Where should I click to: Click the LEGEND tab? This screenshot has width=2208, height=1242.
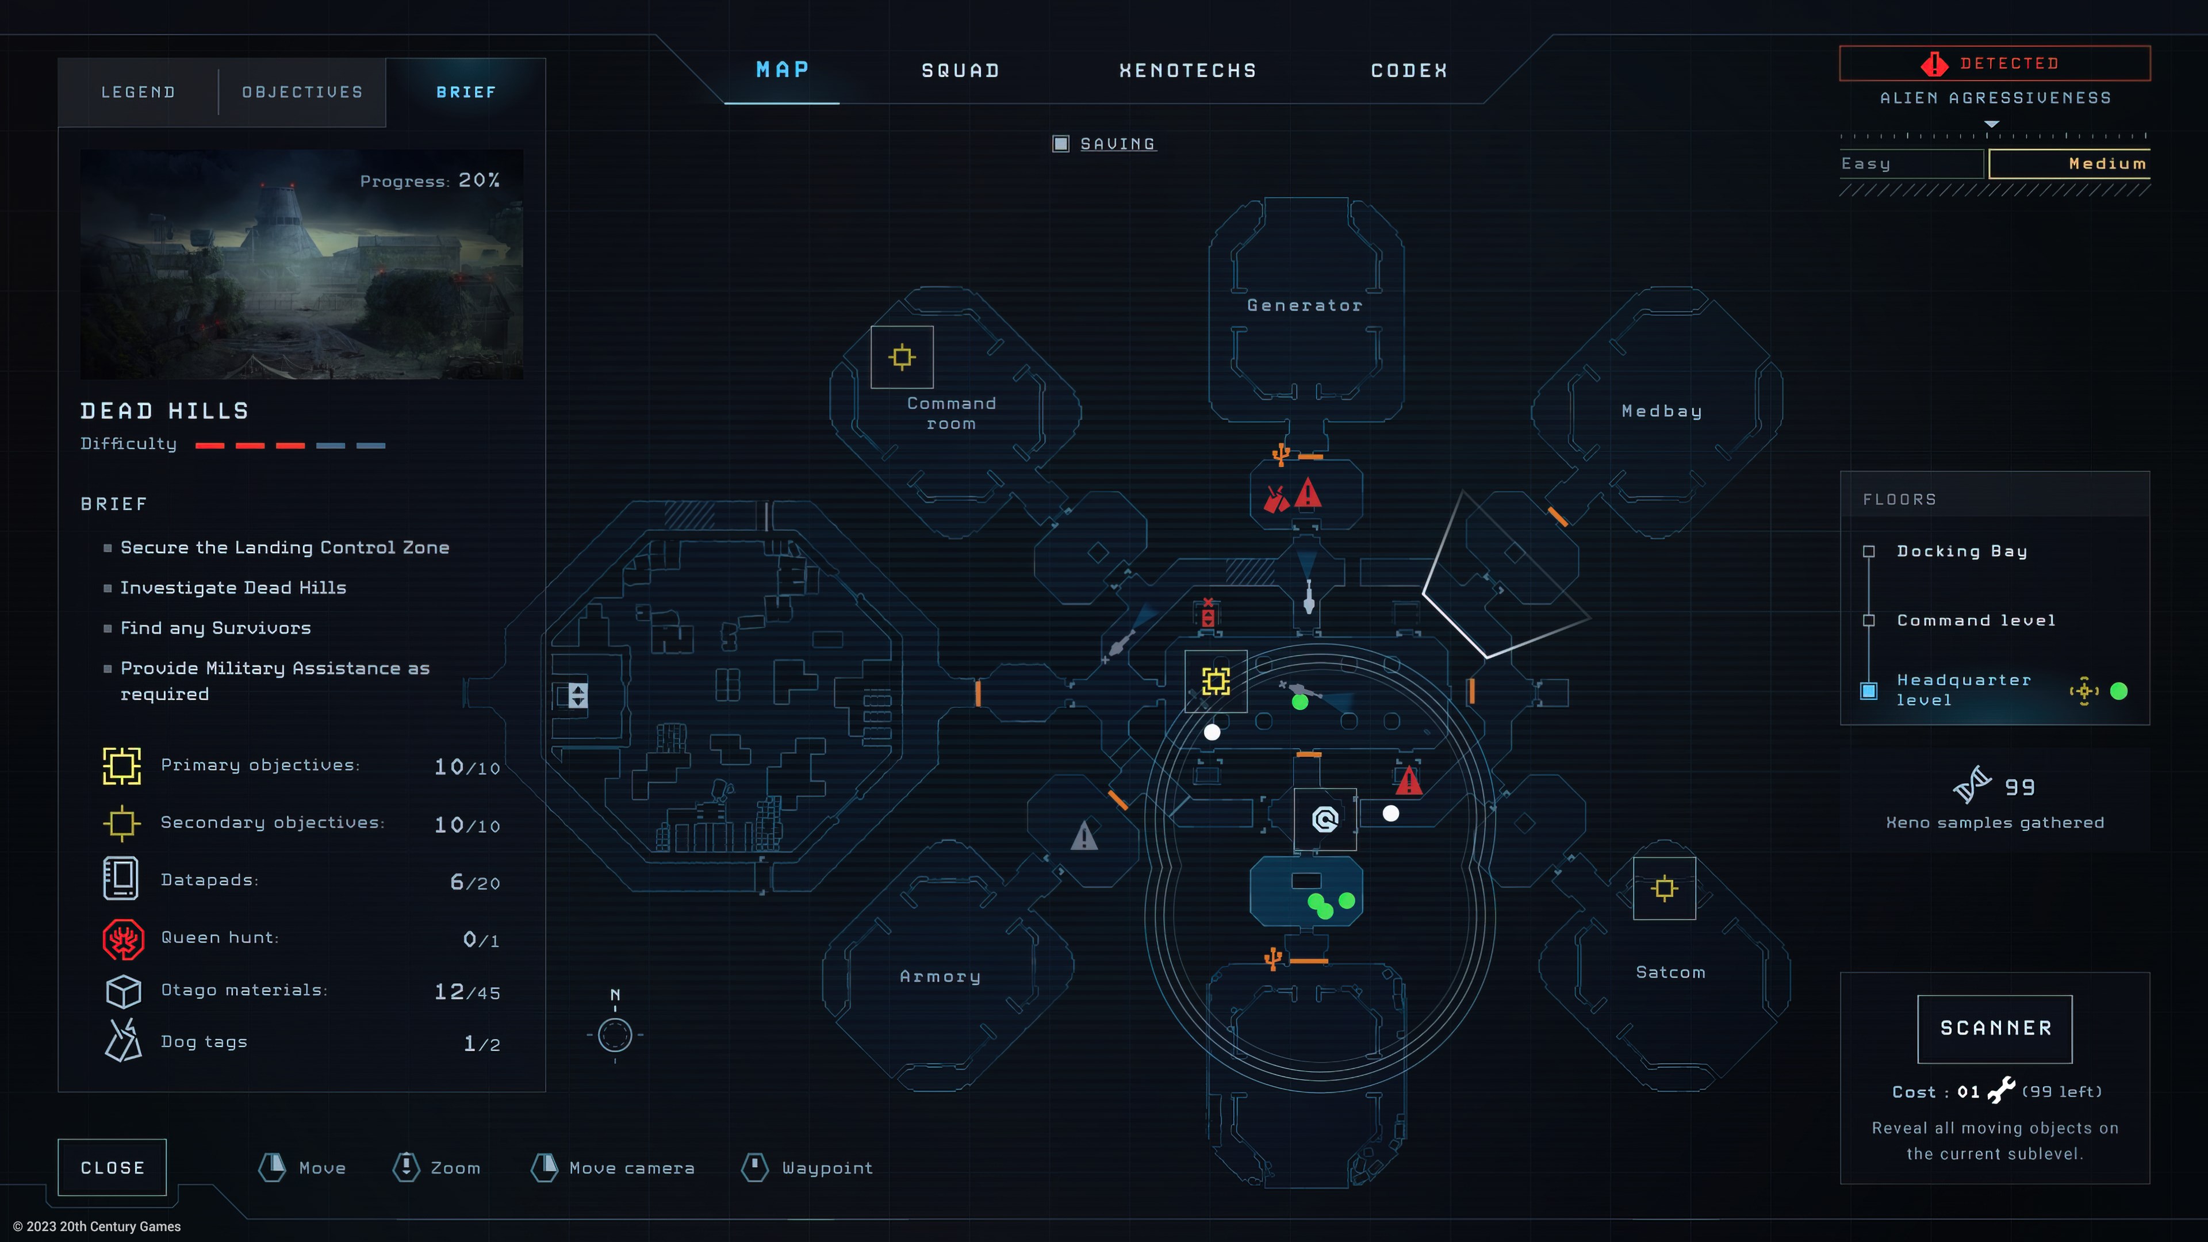pyautogui.click(x=138, y=93)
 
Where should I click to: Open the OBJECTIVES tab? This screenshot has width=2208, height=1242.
pyautogui.click(x=302, y=93)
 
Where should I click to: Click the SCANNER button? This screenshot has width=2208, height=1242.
pyautogui.click(x=1995, y=1028)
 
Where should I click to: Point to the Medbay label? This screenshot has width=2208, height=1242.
pyautogui.click(x=1661, y=412)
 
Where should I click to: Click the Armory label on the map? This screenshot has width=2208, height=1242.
pyautogui.click(x=940, y=976)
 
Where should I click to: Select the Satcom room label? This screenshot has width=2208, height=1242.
pyautogui.click(x=1670, y=972)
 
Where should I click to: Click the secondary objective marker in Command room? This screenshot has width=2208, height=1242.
pyautogui.click(x=902, y=356)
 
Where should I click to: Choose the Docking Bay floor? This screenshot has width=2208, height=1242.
pyautogui.click(x=1961, y=551)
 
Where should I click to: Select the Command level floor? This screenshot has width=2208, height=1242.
pyautogui.click(x=1975, y=620)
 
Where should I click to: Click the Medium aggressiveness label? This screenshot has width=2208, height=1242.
pyautogui.click(x=2107, y=164)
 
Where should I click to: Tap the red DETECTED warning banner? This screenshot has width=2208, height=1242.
pyautogui.click(x=1995, y=63)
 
